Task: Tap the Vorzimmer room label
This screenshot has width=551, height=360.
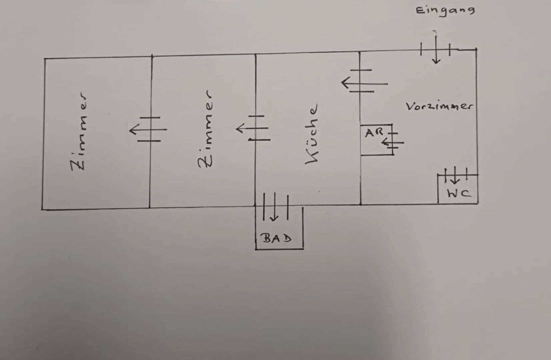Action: pyautogui.click(x=439, y=106)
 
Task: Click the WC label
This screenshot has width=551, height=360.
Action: pyautogui.click(x=459, y=193)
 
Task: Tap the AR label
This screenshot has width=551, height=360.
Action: pyautogui.click(x=374, y=133)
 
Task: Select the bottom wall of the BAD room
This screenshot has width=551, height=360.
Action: pyautogui.click(x=280, y=249)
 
